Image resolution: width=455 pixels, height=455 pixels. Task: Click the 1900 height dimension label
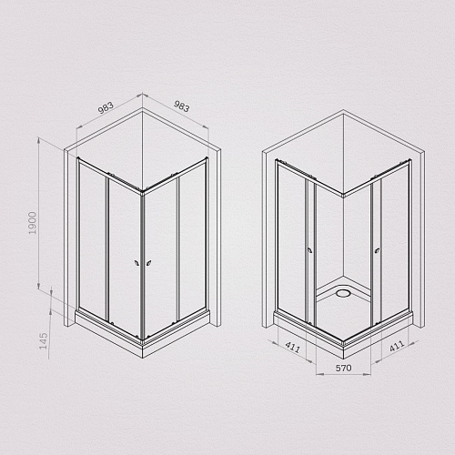[33, 223]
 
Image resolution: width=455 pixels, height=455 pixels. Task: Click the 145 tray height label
[44, 341]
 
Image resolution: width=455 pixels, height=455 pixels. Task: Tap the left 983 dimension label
[106, 107]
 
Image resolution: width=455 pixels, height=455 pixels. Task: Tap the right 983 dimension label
[181, 106]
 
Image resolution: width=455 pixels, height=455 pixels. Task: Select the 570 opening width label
[343, 368]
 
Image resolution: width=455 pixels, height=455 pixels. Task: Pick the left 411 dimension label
[293, 347]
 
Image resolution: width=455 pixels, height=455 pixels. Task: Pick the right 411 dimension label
[397, 346]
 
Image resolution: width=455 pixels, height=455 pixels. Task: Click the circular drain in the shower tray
[343, 293]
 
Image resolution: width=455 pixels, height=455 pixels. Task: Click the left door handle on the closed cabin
[136, 263]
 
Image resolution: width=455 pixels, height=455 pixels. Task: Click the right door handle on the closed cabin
[149, 263]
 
